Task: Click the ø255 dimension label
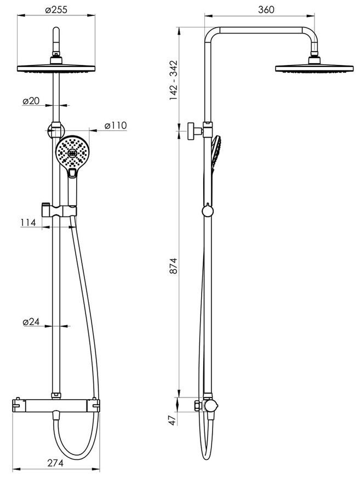(x=56, y=10)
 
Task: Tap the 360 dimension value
(x=266, y=10)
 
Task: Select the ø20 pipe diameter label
(x=31, y=101)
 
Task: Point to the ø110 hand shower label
(x=115, y=126)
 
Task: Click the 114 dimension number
(x=28, y=223)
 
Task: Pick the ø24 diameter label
(x=31, y=321)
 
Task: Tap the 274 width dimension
(x=56, y=463)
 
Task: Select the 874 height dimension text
(x=173, y=265)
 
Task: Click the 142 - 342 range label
(x=173, y=81)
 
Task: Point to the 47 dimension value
(x=172, y=420)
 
